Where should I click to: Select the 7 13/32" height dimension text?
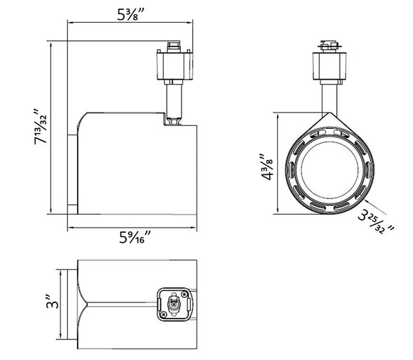tap(41, 127)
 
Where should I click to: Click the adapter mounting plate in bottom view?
tap(173, 305)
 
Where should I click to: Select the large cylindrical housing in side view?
tap(135, 167)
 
